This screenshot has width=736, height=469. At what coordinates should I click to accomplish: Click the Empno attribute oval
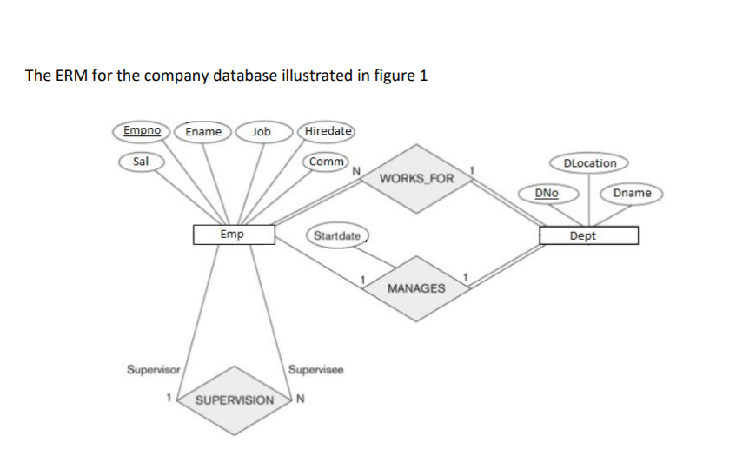pos(141,131)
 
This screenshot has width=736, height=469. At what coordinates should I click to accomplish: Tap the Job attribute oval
pos(260,132)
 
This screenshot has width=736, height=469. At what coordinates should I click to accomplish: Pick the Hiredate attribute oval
pos(326,131)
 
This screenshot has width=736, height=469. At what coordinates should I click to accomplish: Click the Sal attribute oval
pos(140,161)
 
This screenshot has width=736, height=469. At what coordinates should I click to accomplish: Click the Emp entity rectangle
pos(233,234)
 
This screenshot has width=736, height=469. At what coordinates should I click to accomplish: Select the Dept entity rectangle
pos(588,235)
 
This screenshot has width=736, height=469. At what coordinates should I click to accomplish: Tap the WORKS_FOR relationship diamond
pos(416,179)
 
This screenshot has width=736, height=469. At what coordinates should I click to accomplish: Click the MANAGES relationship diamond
pos(416,287)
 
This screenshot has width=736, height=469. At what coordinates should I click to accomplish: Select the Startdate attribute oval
pos(337,235)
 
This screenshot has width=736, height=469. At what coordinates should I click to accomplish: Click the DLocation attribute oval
pos(590,162)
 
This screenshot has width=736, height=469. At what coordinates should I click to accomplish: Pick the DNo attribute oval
pos(547,192)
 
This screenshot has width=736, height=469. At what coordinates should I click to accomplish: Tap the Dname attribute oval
pos(632,192)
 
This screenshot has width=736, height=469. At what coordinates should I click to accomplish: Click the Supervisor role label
pos(153,369)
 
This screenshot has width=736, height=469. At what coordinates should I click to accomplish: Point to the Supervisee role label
pos(316,369)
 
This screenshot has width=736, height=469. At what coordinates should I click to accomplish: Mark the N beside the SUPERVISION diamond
pos(301,400)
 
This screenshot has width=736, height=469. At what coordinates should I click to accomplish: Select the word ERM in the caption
pos(70,76)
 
